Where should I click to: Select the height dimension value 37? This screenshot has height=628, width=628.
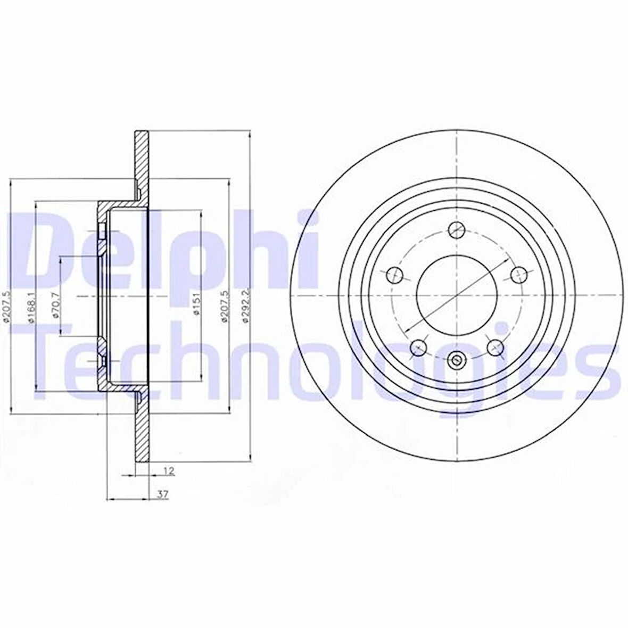pyautogui.click(x=163, y=494)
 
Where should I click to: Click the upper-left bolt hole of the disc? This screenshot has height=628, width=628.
pyautogui.click(x=394, y=275)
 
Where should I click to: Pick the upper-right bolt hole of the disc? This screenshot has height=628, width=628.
pyautogui.click(x=518, y=274)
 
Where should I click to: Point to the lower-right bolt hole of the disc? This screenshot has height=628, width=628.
pyautogui.click(x=495, y=347)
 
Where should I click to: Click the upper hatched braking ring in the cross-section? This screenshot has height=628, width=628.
pyautogui.click(x=141, y=160)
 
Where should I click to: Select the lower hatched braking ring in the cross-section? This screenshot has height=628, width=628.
pyautogui.click(x=141, y=431)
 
